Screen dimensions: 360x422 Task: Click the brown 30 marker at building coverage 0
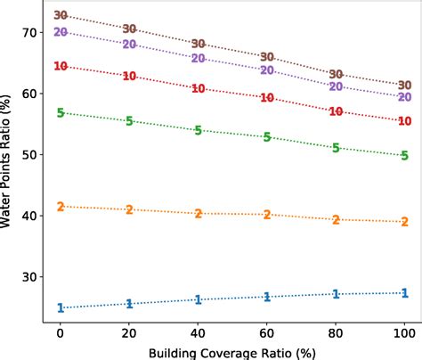[61, 15]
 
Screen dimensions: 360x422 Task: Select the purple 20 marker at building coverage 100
[404, 97]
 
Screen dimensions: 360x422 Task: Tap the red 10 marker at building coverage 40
[199, 89]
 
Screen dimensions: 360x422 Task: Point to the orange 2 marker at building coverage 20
[129, 209]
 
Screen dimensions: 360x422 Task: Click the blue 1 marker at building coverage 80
[336, 294]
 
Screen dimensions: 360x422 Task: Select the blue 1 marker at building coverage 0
[61, 308]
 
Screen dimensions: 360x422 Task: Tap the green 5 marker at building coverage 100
[404, 155]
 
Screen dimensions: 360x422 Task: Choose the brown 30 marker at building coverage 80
[336, 74]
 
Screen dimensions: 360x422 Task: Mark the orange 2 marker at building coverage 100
[404, 222]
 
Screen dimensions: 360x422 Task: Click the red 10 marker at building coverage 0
[61, 66]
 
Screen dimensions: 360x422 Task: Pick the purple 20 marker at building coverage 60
[267, 70]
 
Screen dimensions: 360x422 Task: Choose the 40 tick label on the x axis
[199, 331]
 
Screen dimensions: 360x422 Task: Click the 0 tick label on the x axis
[61, 331]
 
